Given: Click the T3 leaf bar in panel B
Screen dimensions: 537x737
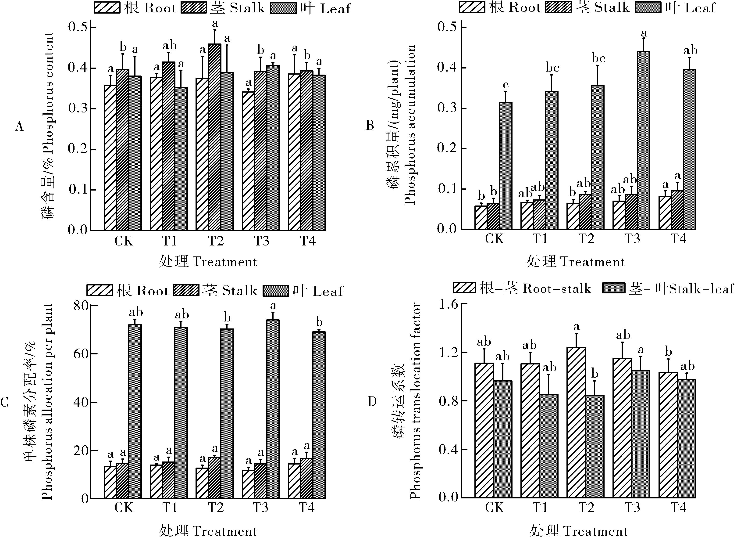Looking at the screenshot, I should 643,140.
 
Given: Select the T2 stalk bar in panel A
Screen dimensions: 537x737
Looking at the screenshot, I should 214,137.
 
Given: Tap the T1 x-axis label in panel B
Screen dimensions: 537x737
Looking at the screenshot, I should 540,239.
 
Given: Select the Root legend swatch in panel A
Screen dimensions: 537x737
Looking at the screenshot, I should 107,8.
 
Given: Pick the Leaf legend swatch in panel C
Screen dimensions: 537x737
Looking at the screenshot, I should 276,290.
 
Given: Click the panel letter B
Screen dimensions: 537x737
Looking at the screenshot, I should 370,126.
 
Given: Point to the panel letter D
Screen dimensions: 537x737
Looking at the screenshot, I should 372,402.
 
